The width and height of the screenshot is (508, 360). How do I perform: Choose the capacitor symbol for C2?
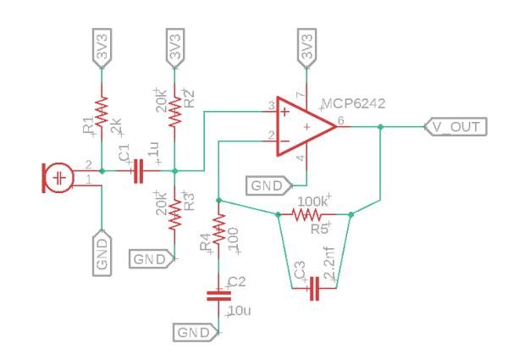(x=219, y=294)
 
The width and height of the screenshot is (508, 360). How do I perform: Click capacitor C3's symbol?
(x=313, y=289)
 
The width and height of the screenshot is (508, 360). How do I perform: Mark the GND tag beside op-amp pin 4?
(x=268, y=184)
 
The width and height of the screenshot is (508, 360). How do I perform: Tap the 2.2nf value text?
(x=331, y=263)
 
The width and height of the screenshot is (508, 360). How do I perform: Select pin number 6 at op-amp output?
(x=340, y=120)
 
